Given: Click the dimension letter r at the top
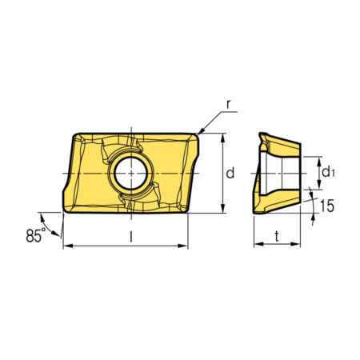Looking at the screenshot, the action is (228, 105).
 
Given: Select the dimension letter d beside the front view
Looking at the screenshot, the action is (230, 173).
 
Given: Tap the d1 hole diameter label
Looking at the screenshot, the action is (328, 172).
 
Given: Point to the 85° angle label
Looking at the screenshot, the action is (36, 235).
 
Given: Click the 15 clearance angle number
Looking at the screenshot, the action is (327, 206).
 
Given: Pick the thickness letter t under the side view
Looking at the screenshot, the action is (277, 236).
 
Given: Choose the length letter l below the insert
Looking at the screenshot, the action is (130, 237).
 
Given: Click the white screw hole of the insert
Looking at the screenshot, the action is (131, 173).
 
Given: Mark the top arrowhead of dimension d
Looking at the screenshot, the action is (223, 138).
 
